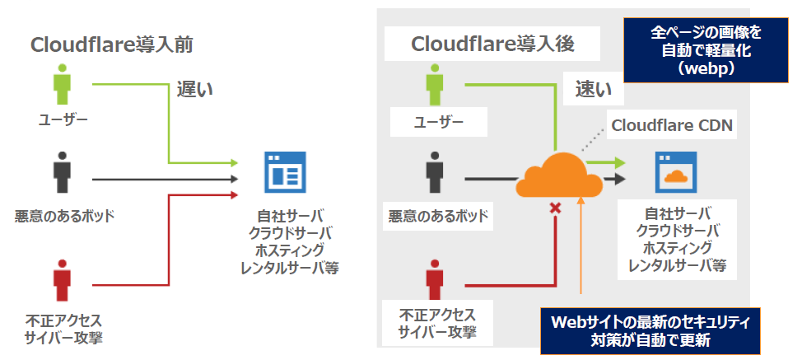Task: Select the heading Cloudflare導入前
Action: [x=111, y=45]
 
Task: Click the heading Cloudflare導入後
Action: [x=492, y=44]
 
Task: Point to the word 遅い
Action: [x=195, y=90]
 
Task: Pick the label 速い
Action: [x=594, y=90]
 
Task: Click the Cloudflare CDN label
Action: [x=672, y=125]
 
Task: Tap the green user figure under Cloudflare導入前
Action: [x=63, y=84]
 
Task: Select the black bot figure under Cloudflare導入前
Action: [x=63, y=172]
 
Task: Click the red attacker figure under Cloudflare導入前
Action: [x=63, y=281]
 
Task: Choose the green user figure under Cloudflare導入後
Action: [x=435, y=84]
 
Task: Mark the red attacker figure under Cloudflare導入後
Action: [x=435, y=279]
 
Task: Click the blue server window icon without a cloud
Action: [x=285, y=172]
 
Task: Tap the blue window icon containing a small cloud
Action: [x=676, y=172]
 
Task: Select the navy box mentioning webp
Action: [x=706, y=50]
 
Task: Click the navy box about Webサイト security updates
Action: [x=650, y=331]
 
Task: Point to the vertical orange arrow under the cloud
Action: [x=581, y=245]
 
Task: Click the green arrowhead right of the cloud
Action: [x=620, y=162]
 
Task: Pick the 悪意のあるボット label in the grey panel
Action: [x=438, y=217]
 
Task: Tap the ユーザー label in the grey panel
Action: [x=438, y=122]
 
